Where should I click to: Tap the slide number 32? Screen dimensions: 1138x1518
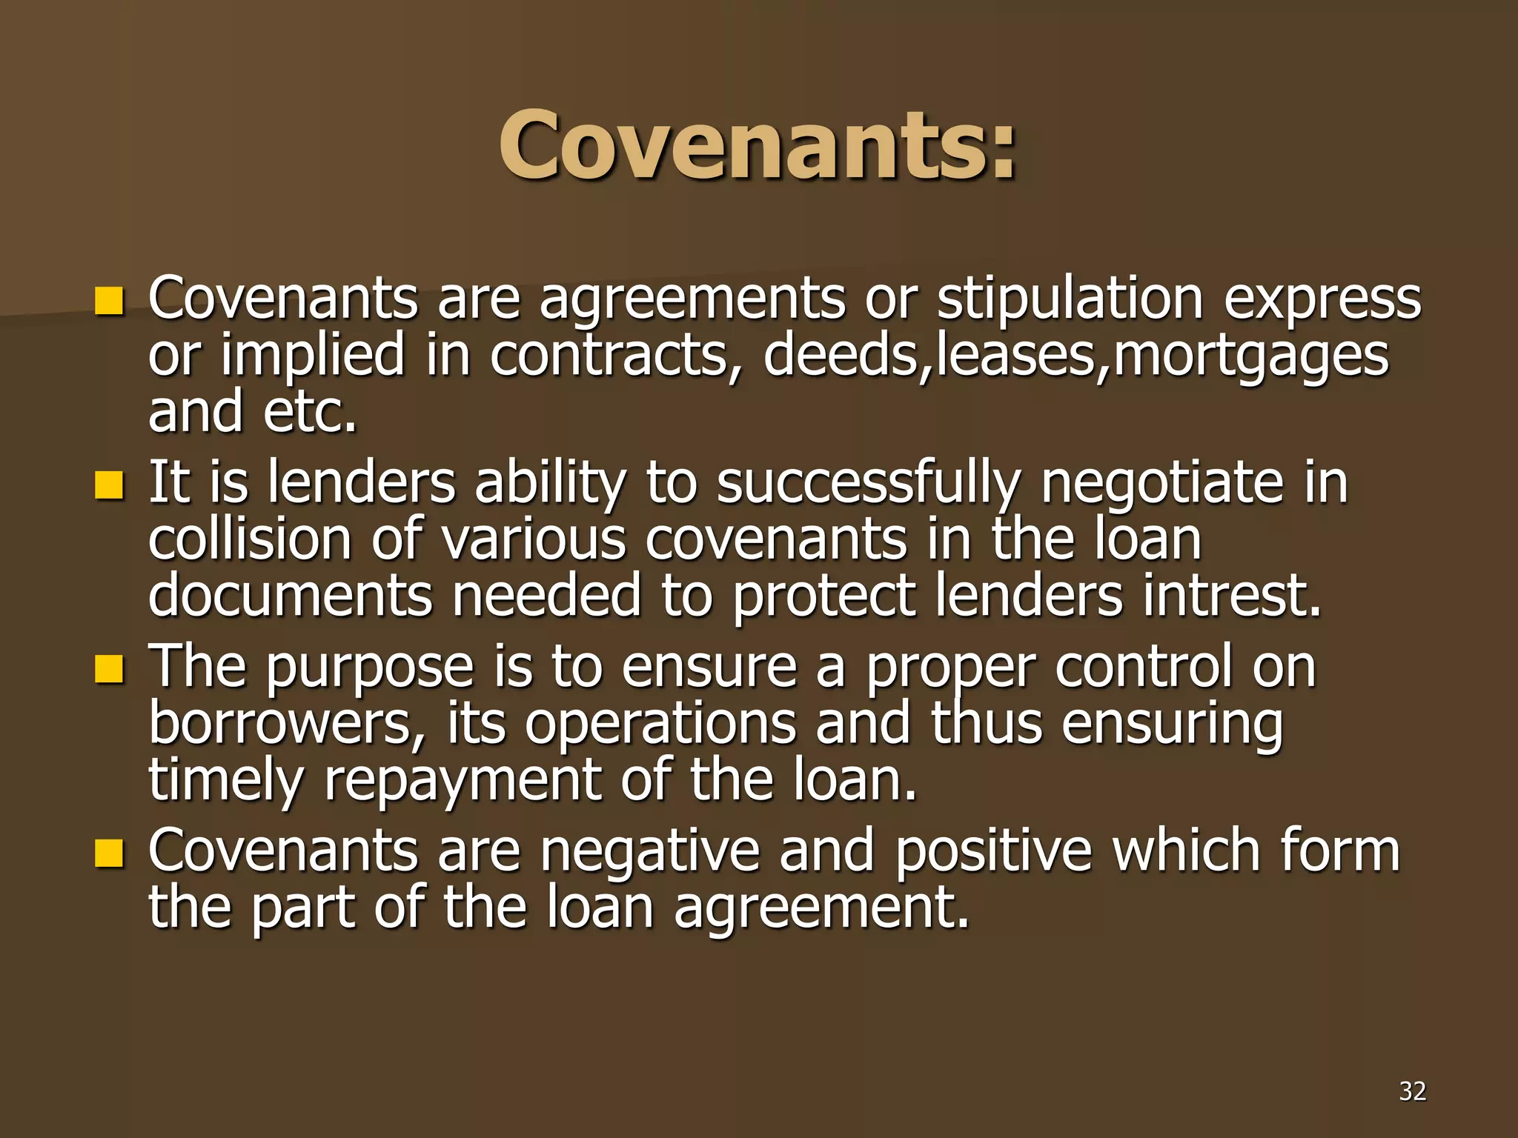tap(1412, 1091)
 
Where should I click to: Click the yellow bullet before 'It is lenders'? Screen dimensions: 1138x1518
tap(108, 486)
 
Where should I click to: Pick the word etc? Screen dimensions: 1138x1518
tap(310, 412)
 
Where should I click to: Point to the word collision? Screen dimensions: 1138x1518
tap(250, 539)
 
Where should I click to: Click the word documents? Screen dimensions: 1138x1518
tap(290, 596)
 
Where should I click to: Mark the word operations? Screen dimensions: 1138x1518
tap(660, 725)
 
